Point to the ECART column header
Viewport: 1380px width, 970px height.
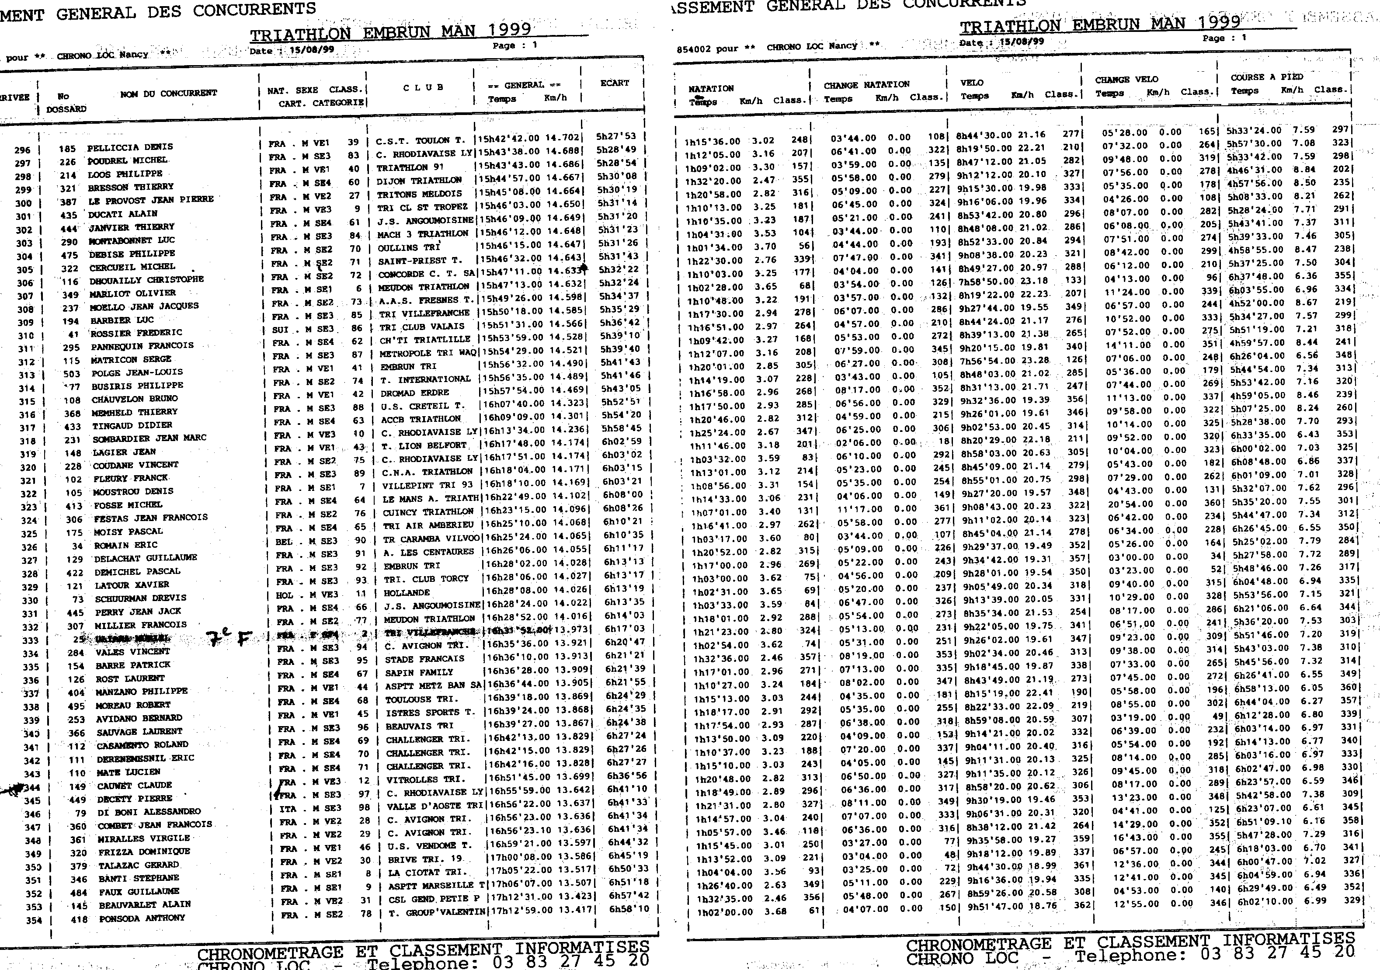click(x=614, y=83)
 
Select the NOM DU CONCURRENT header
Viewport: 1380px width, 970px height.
click(x=168, y=93)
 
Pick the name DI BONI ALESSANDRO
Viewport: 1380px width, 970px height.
click(x=149, y=811)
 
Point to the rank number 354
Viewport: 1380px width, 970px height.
click(x=34, y=920)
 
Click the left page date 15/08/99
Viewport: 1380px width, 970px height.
click(x=311, y=50)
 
